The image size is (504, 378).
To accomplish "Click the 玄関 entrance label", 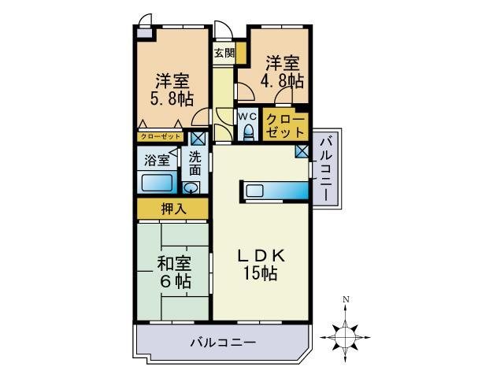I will point(224,53).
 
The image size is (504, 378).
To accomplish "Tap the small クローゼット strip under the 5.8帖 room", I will point(161,136).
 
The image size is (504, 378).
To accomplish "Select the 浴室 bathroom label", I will point(155,160).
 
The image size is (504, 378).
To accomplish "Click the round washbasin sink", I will point(191,187).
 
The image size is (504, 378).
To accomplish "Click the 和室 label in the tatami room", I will point(172,263).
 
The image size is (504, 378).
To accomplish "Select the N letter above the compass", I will point(346,299).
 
